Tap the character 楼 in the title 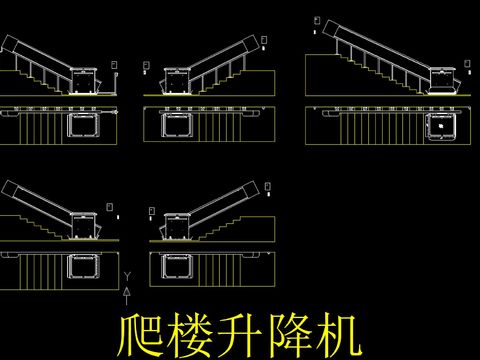[x=188, y=336]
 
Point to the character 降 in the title [x=287, y=336]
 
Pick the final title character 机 [x=335, y=336]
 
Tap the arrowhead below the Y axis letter [x=127, y=289]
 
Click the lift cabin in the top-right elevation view [x=441, y=79]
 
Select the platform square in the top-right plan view [x=440, y=126]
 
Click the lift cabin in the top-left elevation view [x=85, y=78]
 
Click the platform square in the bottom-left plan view [x=83, y=266]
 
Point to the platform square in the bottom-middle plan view [x=178, y=266]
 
